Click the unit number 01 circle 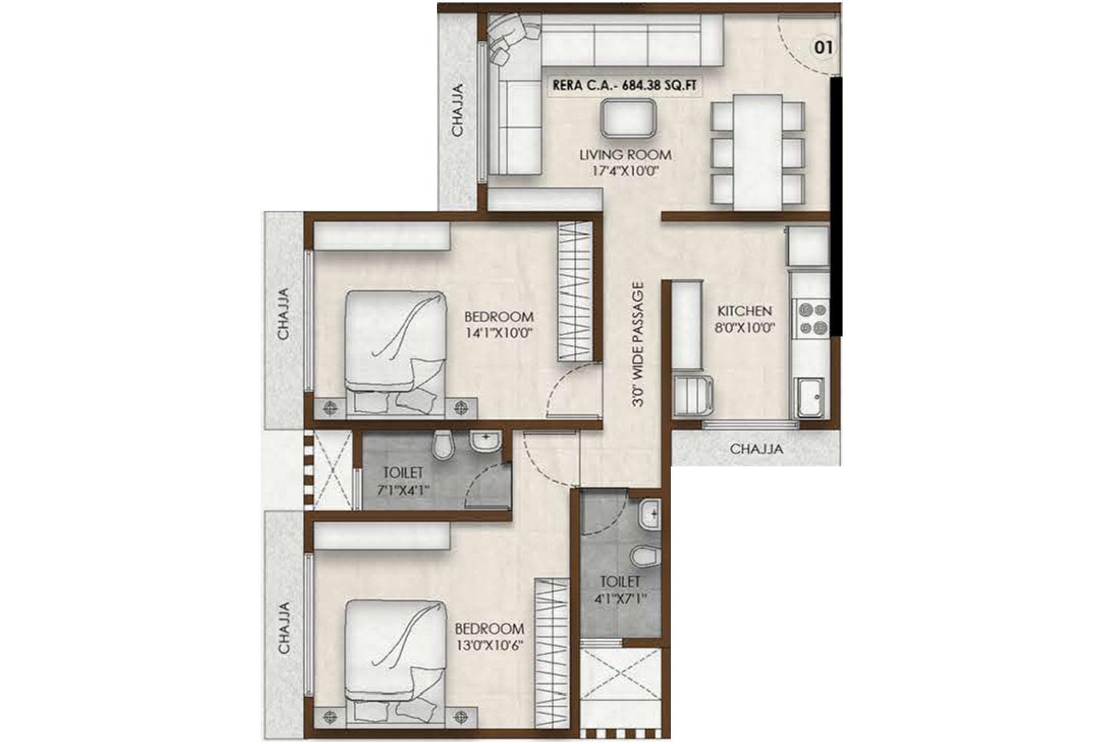[823, 48]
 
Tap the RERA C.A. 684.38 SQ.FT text [625, 86]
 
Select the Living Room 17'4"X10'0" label [626, 163]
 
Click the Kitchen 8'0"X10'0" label [744, 319]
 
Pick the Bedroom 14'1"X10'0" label [499, 324]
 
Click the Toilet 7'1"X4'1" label [403, 481]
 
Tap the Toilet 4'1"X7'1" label [620, 590]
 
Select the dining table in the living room [757, 152]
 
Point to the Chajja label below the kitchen [757, 449]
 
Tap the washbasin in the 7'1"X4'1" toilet [485, 441]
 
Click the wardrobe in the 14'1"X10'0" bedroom [575, 291]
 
